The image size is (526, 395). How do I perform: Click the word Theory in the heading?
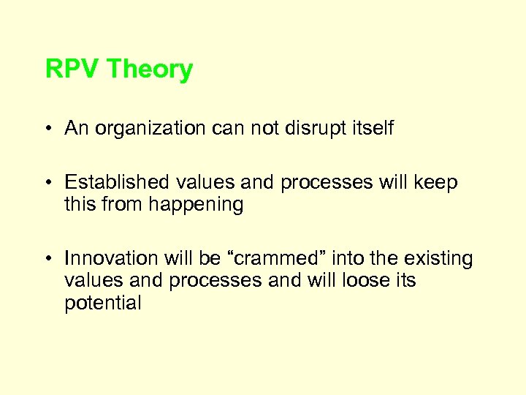(150, 69)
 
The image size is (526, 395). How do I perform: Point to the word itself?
(370, 129)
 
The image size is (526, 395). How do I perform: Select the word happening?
(197, 206)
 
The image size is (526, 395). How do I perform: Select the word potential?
(102, 304)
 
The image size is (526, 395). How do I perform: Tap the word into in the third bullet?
(348, 259)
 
